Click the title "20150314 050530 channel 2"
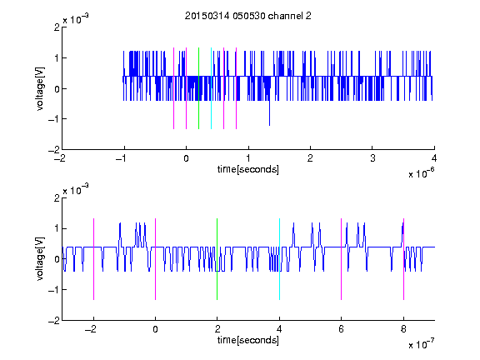tap(248, 16)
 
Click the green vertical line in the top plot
tap(198, 88)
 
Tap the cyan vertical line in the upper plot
tap(211, 88)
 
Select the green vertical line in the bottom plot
tap(217, 259)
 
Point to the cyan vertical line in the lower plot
tap(279, 259)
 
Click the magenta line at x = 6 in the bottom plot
tap(342, 259)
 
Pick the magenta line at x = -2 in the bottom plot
tap(93, 259)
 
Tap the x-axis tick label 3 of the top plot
tap(372, 158)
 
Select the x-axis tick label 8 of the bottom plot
tap(403, 329)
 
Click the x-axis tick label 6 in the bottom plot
tap(342, 329)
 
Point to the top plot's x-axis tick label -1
tap(121, 158)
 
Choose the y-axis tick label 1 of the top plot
tap(57, 57)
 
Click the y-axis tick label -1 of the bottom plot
tap(54, 290)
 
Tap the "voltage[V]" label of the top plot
tap(40, 88)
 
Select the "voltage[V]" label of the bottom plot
tap(40, 259)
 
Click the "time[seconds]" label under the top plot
tap(248, 169)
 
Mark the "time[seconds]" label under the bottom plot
tap(248, 340)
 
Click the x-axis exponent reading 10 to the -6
tap(421, 173)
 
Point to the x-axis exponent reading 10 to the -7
tap(421, 344)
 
